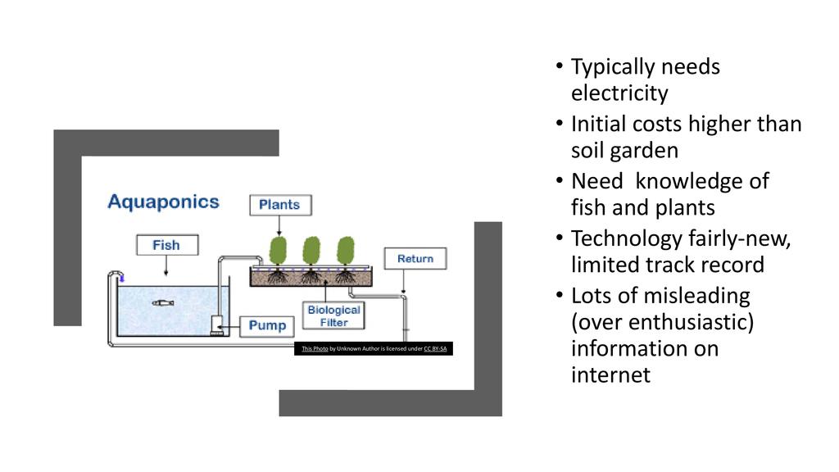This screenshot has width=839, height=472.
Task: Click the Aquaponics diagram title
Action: pyautogui.click(x=164, y=202)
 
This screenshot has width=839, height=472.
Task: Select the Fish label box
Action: pyautogui.click(x=166, y=245)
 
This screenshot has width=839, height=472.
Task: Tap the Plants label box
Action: pyautogui.click(x=279, y=205)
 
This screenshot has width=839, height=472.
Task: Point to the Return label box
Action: pyautogui.click(x=415, y=259)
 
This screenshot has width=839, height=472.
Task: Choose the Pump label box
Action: pyautogui.click(x=267, y=326)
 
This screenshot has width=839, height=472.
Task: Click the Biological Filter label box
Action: pyautogui.click(x=333, y=316)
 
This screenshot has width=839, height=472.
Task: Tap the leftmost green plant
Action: pyautogui.click(x=278, y=249)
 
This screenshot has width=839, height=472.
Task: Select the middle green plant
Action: pyautogui.click(x=311, y=249)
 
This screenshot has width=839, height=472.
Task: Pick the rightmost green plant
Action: pyautogui.click(x=345, y=249)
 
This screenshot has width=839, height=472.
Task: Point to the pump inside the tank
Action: pyautogui.click(x=216, y=326)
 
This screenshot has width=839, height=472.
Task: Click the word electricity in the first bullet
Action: pyautogui.click(x=619, y=93)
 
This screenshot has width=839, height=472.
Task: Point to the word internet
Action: pyautogui.click(x=610, y=375)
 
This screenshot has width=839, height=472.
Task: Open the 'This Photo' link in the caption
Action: pyautogui.click(x=315, y=349)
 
